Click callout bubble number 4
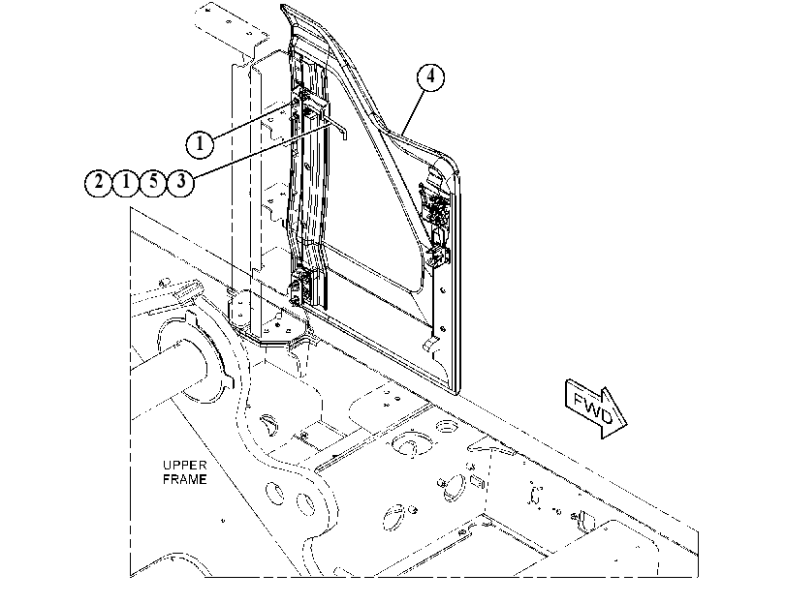coord(430,76)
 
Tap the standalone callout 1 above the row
coord(200,143)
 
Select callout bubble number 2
coord(98,182)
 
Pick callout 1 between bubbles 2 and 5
coord(126,182)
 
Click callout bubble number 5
coord(153,182)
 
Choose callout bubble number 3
coord(181,182)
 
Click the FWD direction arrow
coord(595,408)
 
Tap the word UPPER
coord(184,465)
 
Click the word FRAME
coord(184,479)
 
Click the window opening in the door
coord(371,210)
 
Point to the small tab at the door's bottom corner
coord(429,344)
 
